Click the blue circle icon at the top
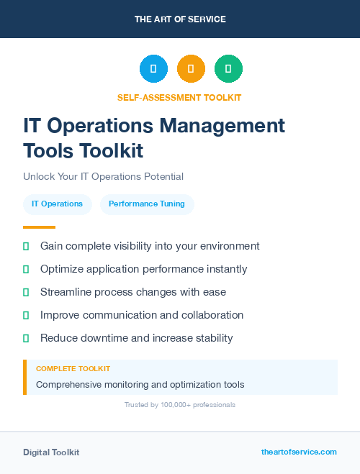click(153, 68)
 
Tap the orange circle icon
click(191, 68)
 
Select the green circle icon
click(228, 68)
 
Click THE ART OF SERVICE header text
click(180, 19)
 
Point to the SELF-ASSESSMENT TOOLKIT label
click(179, 97)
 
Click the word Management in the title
click(222, 125)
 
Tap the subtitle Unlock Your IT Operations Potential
click(103, 176)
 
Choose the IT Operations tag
click(58, 204)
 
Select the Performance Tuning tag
click(147, 204)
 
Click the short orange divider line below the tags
click(40, 227)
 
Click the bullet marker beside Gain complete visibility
click(26, 246)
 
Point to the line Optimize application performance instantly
click(143, 269)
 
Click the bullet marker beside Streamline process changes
click(26, 292)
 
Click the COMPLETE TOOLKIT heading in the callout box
click(73, 368)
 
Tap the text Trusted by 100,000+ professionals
click(180, 405)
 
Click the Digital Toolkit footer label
click(51, 452)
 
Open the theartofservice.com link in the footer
click(299, 452)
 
